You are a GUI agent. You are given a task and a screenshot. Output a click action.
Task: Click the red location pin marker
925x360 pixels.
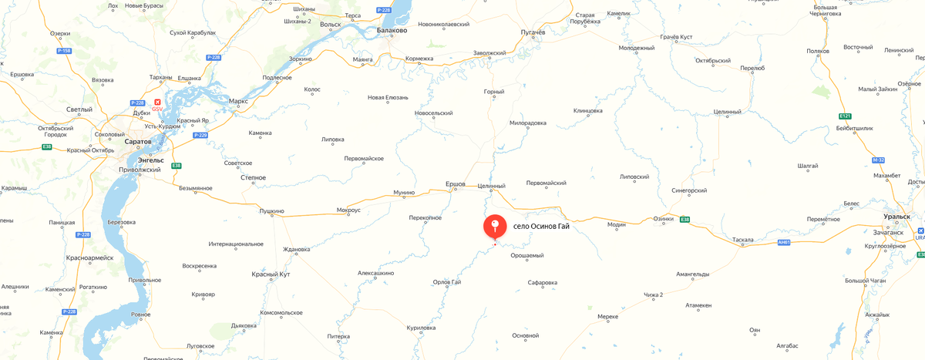495,227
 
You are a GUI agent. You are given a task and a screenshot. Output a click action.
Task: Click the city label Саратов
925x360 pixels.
138,142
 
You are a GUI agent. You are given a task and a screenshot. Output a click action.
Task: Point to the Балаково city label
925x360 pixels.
392,31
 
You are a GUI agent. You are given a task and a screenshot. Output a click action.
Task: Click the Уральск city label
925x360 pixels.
897,217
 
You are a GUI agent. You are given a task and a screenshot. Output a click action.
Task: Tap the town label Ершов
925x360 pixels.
456,184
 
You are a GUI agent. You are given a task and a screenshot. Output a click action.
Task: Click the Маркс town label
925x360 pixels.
238,102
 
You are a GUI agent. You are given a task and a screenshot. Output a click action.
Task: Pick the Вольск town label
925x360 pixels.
330,25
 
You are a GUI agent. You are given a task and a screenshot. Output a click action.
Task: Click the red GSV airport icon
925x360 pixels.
159,102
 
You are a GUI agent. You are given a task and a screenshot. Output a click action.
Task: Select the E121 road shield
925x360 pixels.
845,116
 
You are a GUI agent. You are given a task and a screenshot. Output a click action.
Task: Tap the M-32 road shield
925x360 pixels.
879,160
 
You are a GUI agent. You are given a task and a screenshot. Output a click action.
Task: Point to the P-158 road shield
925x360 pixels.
65,51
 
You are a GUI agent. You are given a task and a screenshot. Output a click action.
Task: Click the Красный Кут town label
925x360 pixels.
271,274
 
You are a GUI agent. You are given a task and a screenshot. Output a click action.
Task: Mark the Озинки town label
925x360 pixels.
663,218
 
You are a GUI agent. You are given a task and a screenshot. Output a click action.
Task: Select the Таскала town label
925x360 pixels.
743,240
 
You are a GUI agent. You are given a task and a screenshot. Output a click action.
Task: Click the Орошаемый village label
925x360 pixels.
527,256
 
